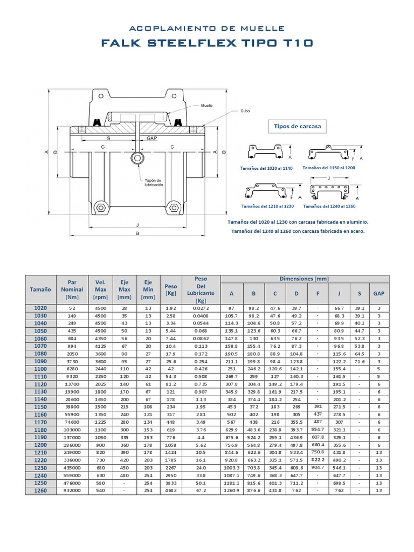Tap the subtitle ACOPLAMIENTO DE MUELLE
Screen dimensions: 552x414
pos(207,27)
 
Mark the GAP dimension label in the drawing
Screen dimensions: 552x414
pos(152,138)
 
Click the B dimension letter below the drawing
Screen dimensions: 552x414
pos(138,233)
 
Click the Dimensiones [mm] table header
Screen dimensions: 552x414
pos(304,279)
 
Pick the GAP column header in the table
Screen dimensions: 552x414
pos(379,293)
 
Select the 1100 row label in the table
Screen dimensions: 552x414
pos(41,369)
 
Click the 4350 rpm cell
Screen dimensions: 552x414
pos(101,338)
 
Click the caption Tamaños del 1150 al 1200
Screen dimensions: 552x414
pos(329,168)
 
